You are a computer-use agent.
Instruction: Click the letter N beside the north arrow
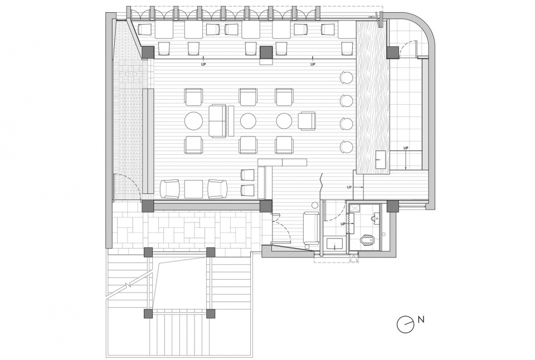pos(421,319)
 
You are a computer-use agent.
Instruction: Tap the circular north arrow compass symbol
pos(405,323)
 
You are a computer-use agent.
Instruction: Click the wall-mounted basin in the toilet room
pos(375,218)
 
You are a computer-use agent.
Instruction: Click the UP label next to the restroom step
pos(344,224)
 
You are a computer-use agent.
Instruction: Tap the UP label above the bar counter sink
pos(406,148)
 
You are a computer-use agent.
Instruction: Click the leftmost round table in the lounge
pos(193,121)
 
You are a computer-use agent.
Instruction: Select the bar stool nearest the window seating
pos(346,77)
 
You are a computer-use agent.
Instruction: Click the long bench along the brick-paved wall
pos(148,140)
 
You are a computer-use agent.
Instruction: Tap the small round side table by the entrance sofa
pos(314,206)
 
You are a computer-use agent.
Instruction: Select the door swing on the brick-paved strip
pos(128,184)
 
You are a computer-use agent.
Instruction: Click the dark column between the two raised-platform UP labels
pos(266,52)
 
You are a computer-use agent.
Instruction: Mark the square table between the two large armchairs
pos(193,189)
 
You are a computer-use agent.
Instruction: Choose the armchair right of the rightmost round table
pos(307,121)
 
